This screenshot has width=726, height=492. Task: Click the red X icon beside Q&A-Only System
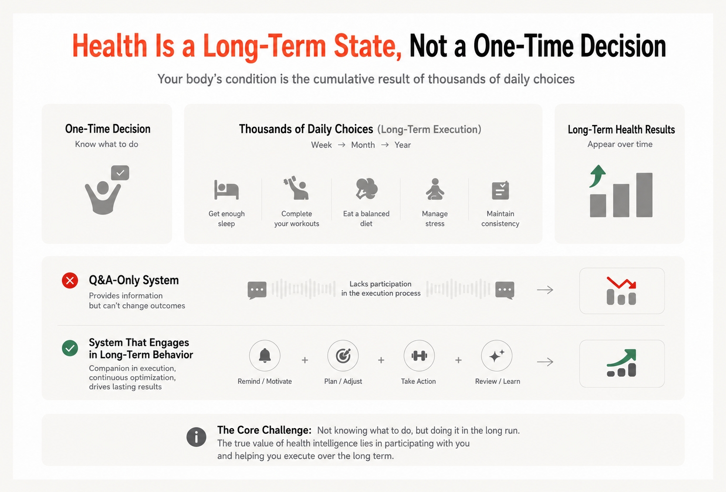coord(70,280)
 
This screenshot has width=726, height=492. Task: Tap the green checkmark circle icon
coord(70,348)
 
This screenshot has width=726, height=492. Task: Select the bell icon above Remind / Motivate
coord(265,356)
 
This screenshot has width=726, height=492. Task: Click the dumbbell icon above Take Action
coord(419,356)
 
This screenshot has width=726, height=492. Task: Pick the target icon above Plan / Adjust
coord(343,356)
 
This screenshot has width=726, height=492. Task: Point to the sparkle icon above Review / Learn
coord(497,356)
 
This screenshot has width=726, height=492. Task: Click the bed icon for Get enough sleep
coord(226,189)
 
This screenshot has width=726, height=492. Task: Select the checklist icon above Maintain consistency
coord(501,190)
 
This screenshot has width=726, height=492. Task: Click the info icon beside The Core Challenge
coord(196,437)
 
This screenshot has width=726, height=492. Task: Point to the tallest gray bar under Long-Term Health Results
coord(644,195)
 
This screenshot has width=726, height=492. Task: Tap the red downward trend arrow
coord(622,283)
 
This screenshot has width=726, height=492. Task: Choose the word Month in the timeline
coord(363,145)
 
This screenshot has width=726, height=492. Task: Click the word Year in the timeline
coord(402,145)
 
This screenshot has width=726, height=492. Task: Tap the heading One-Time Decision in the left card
coord(108,129)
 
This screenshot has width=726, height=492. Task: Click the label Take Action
coord(418,381)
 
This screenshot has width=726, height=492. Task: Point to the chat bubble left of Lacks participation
coord(257,290)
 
